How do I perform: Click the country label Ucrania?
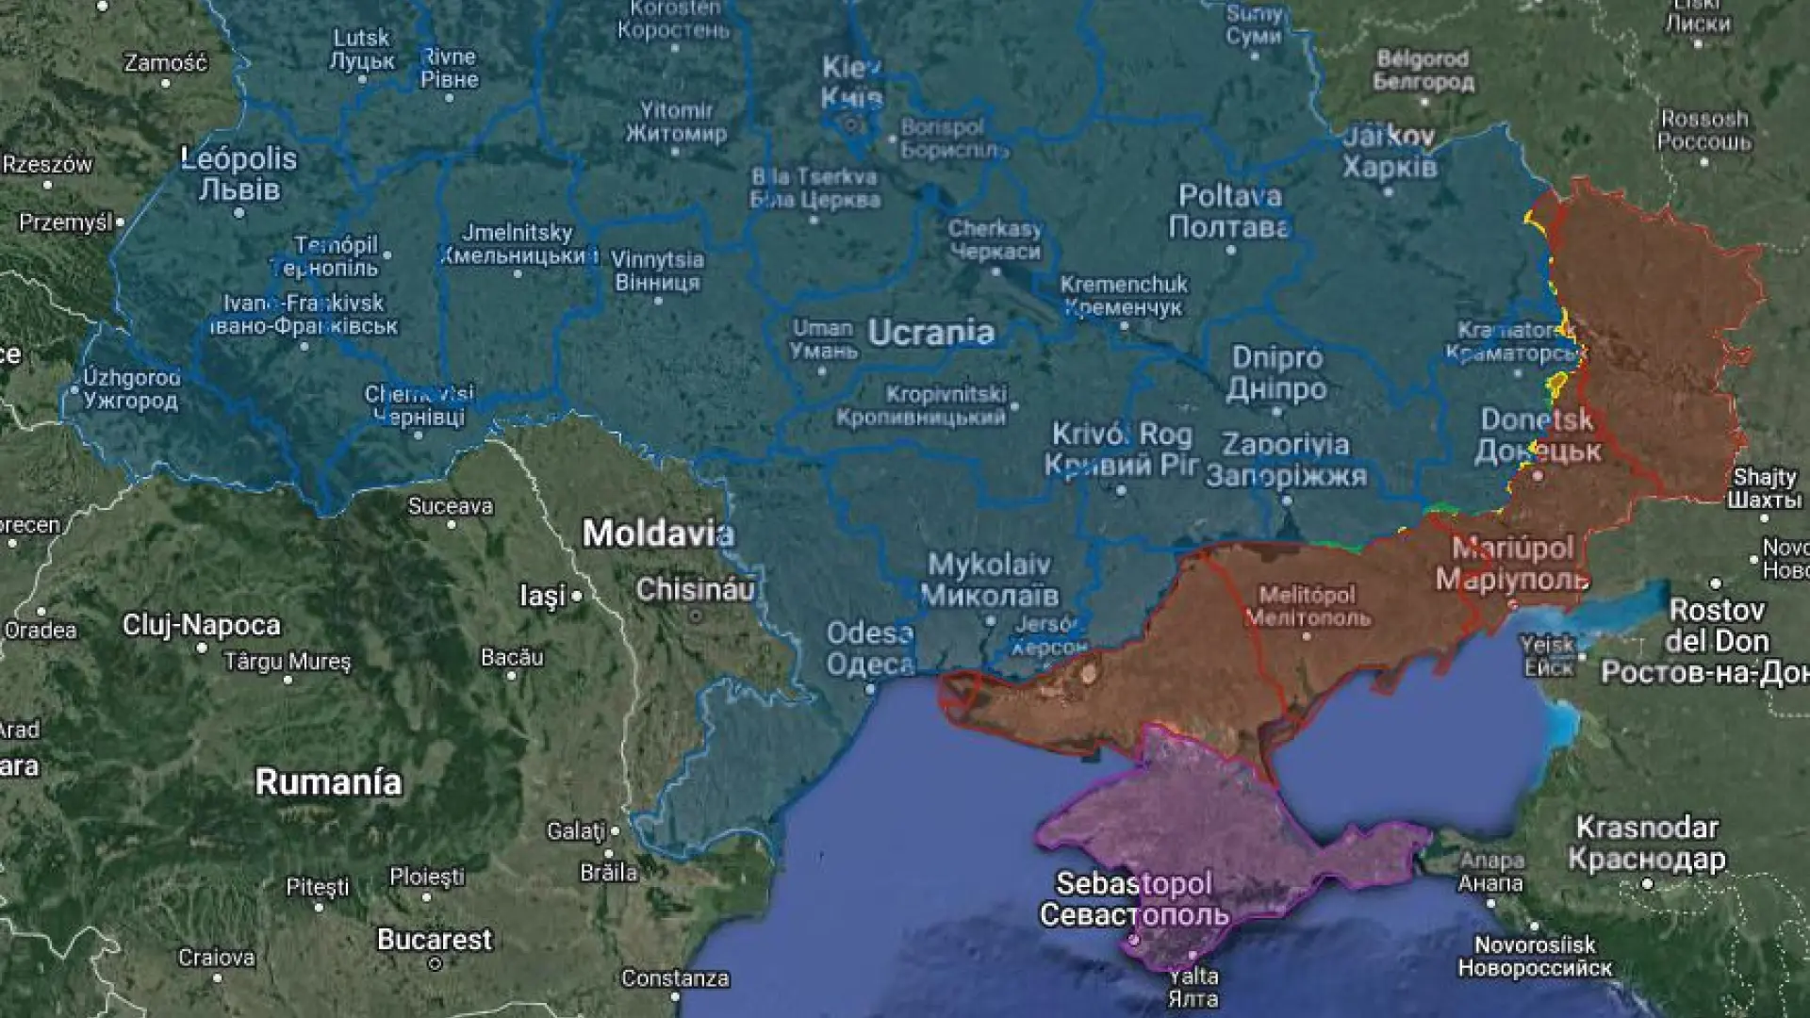tap(930, 333)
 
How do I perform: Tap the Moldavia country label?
tap(657, 534)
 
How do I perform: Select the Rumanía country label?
tap(328, 781)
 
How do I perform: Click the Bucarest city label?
tap(435, 939)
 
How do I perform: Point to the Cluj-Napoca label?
tap(201, 625)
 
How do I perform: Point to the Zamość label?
tap(166, 62)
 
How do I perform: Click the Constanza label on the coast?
tap(675, 978)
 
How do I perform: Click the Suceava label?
tap(451, 506)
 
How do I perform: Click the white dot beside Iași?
tap(576, 597)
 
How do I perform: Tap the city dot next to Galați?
tap(615, 831)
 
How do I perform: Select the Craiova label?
tap(217, 958)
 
